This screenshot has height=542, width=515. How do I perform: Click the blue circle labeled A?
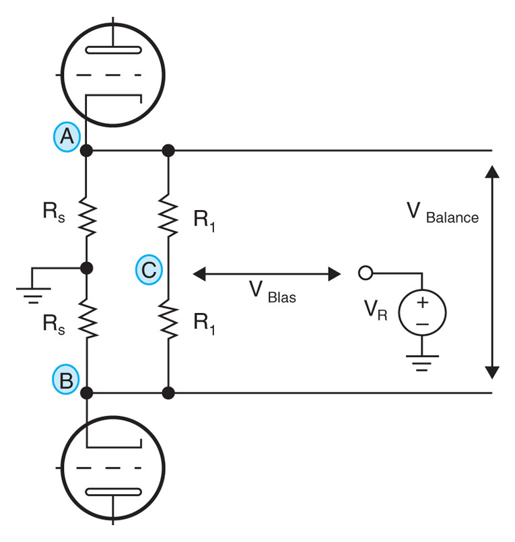coord(66,137)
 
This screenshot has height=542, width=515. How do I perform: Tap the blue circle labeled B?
coord(66,380)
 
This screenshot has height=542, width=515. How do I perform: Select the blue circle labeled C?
coord(148,270)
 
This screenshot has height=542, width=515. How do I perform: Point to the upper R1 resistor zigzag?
coord(168,215)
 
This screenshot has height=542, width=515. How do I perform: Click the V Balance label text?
coord(442,213)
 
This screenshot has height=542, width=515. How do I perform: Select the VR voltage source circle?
coord(422,313)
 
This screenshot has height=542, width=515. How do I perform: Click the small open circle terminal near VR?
coord(366,273)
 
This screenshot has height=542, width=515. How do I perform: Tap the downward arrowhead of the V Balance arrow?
coord(492,372)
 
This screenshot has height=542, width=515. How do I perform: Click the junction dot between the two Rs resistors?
coord(87,269)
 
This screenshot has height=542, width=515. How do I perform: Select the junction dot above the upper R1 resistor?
coord(168,151)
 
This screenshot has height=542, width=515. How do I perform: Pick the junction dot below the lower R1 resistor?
coord(168,392)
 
